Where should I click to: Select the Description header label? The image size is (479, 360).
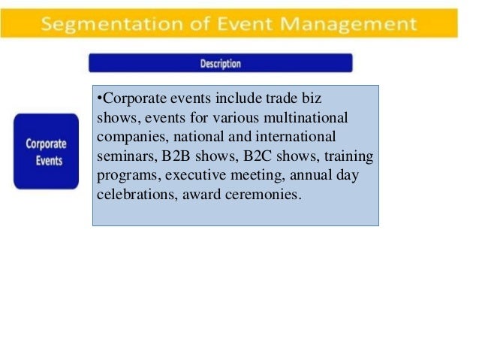[220, 64]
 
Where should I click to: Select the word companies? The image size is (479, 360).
[125, 138]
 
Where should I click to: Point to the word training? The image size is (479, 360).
[349, 158]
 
